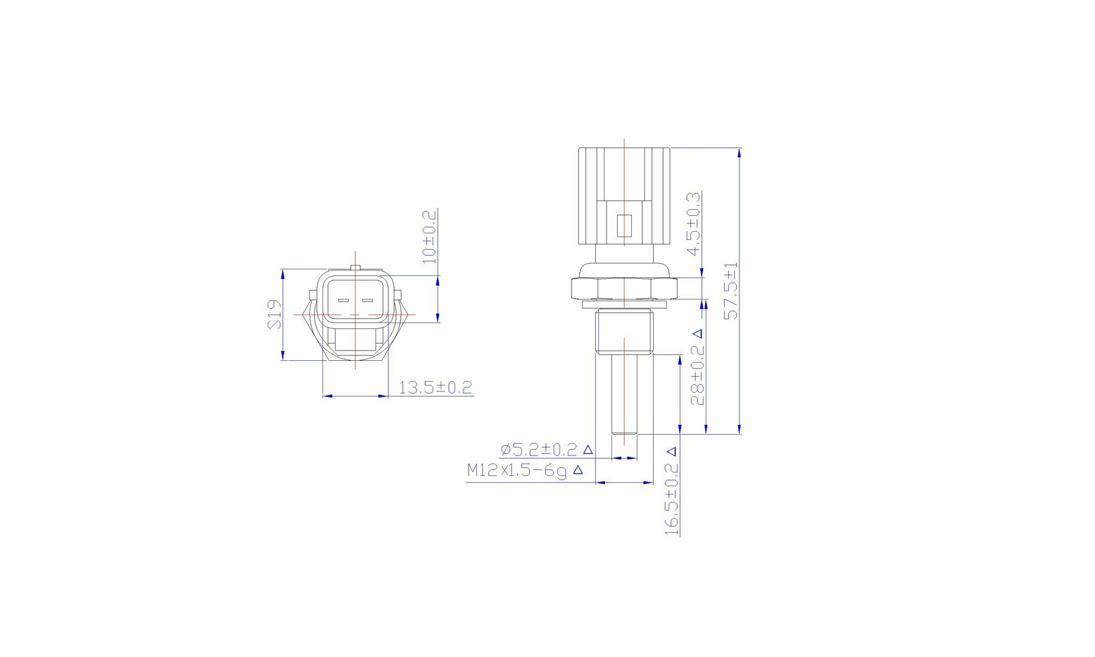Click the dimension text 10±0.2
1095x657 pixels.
(430, 237)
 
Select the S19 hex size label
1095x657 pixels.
(275, 314)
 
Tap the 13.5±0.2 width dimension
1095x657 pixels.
(435, 388)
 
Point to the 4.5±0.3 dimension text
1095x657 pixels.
(694, 223)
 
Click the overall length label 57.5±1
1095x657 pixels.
(731, 291)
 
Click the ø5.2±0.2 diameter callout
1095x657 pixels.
(539, 449)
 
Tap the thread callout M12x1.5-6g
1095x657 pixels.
(517, 470)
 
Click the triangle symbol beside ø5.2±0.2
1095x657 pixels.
(588, 449)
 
